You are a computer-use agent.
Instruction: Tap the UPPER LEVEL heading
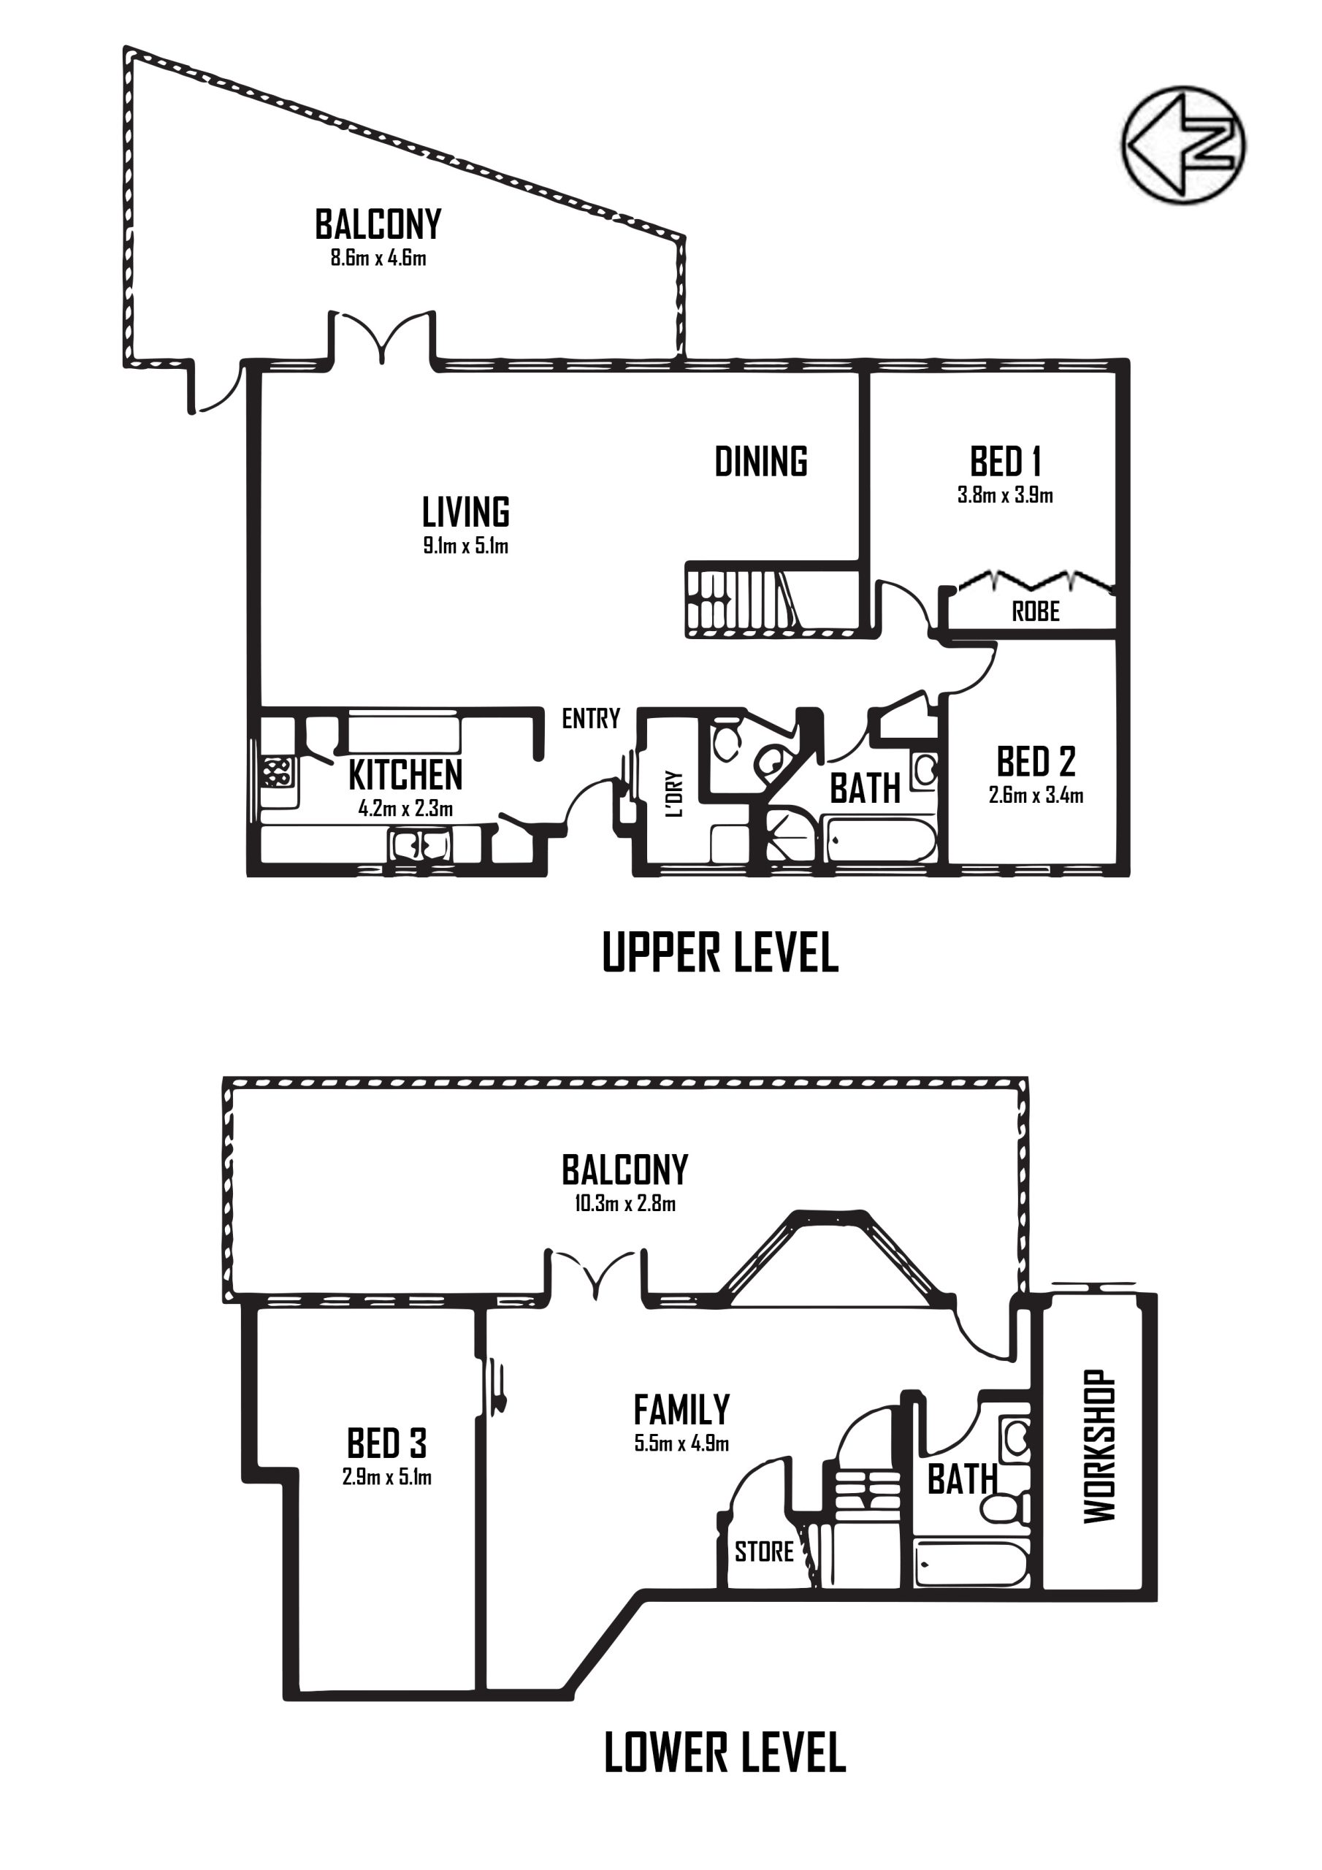pyautogui.click(x=720, y=953)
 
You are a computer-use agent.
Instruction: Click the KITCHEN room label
pyautogui.click(x=405, y=775)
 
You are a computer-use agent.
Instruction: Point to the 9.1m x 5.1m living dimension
pyautogui.click(x=466, y=546)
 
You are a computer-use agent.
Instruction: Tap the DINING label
pyautogui.click(x=761, y=461)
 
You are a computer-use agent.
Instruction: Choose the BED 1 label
pyautogui.click(x=1005, y=462)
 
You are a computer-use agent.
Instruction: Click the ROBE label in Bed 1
pyautogui.click(x=1035, y=611)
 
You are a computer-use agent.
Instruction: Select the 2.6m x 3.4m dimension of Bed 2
pyautogui.click(x=1036, y=795)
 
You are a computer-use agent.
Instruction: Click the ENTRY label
pyautogui.click(x=591, y=718)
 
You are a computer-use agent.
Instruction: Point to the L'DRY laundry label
pyautogui.click(x=673, y=795)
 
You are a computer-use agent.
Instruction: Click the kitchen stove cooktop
pyautogui.click(x=277, y=771)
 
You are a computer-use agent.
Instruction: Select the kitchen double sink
pyautogui.click(x=420, y=844)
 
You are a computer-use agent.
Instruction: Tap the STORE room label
pyautogui.click(x=764, y=1552)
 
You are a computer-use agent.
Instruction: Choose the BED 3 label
pyautogui.click(x=387, y=1444)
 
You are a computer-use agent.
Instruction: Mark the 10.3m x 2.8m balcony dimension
pyautogui.click(x=624, y=1203)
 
